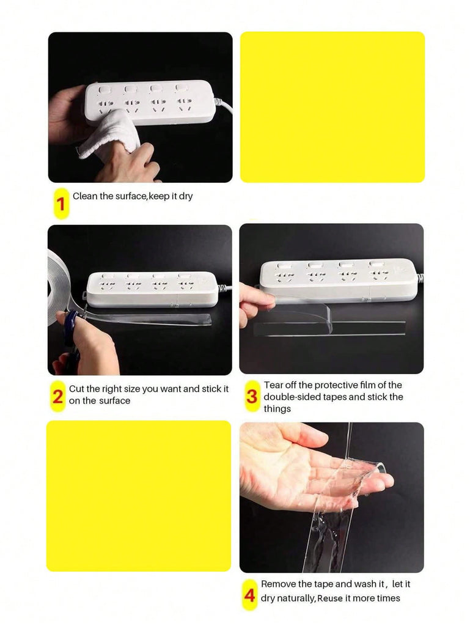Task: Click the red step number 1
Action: click(x=61, y=204)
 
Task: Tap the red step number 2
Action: click(x=58, y=396)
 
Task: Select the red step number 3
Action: click(x=252, y=396)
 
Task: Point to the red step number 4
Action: click(x=249, y=595)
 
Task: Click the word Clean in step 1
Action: click(x=84, y=196)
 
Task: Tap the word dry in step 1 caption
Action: click(x=186, y=196)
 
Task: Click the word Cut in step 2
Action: click(x=76, y=389)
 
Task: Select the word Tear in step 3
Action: click(x=272, y=385)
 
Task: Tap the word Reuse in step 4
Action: click(x=330, y=598)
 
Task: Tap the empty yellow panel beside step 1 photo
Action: click(x=332, y=107)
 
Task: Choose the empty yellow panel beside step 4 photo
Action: click(x=139, y=496)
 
